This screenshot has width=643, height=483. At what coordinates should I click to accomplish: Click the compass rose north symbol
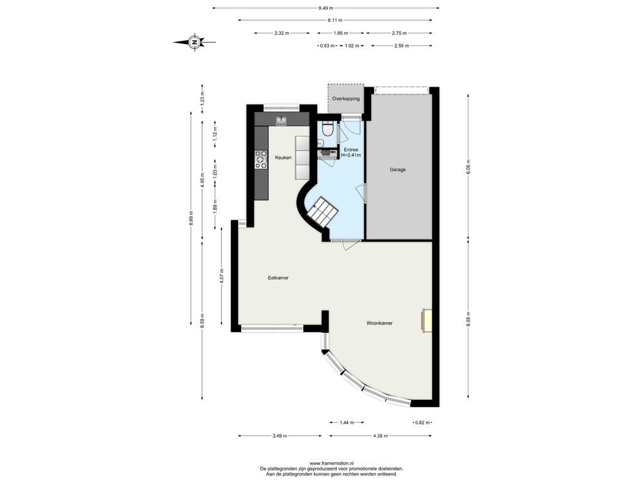point(195,42)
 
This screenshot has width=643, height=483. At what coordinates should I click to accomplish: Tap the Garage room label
point(397,170)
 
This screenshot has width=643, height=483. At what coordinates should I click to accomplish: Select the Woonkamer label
point(379,323)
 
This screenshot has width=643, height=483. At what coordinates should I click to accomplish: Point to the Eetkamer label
point(278,278)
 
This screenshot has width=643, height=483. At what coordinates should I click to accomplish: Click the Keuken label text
point(283,158)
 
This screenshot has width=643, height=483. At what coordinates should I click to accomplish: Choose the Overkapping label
point(346,99)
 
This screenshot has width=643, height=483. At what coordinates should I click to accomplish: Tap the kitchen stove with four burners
point(261,160)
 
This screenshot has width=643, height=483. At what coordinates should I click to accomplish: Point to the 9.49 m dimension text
point(326,8)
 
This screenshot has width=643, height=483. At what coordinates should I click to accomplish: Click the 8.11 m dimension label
point(335,20)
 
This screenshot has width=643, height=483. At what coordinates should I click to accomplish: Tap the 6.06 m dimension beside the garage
point(468,167)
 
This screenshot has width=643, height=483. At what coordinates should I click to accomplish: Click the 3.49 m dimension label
point(279,436)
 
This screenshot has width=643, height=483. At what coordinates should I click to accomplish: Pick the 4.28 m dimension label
point(380,436)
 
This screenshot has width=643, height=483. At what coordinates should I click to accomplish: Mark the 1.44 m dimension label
point(347,422)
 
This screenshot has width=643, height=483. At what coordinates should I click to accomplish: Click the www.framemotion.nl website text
point(332,464)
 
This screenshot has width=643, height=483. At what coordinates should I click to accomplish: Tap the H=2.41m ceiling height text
point(351,156)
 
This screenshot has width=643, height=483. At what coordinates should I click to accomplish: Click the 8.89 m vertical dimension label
point(191,218)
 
